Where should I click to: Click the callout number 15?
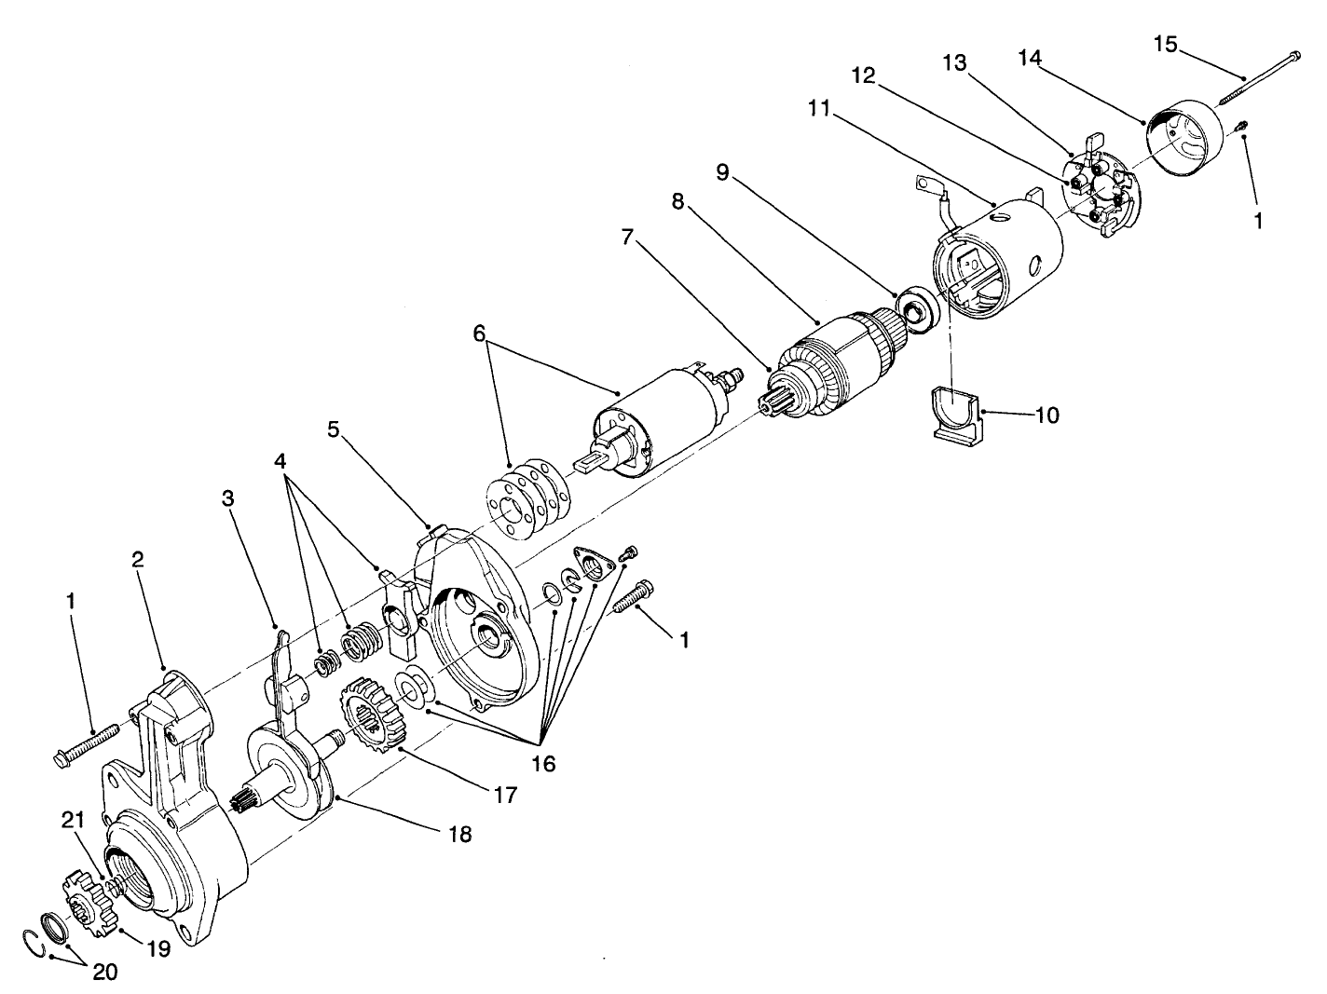[1166, 43]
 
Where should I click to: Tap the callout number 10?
[1047, 415]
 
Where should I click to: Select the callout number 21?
[74, 820]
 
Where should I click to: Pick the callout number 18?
[458, 834]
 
